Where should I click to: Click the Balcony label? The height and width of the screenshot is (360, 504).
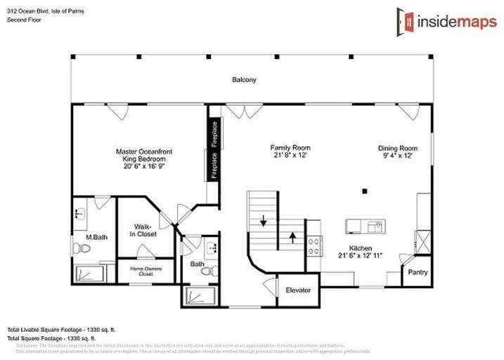pos(244,80)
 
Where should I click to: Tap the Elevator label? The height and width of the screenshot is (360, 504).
pos(298,290)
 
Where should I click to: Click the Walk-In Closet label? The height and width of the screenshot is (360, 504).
pos(145,230)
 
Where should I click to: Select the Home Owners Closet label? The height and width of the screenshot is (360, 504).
pos(146,271)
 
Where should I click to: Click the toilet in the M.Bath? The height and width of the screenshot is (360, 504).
pos(78,248)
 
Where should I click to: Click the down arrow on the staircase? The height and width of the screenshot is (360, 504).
pos(264,221)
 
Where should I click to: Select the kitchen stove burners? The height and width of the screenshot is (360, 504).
pos(314,246)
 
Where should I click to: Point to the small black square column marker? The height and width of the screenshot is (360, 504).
pos(364,191)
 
